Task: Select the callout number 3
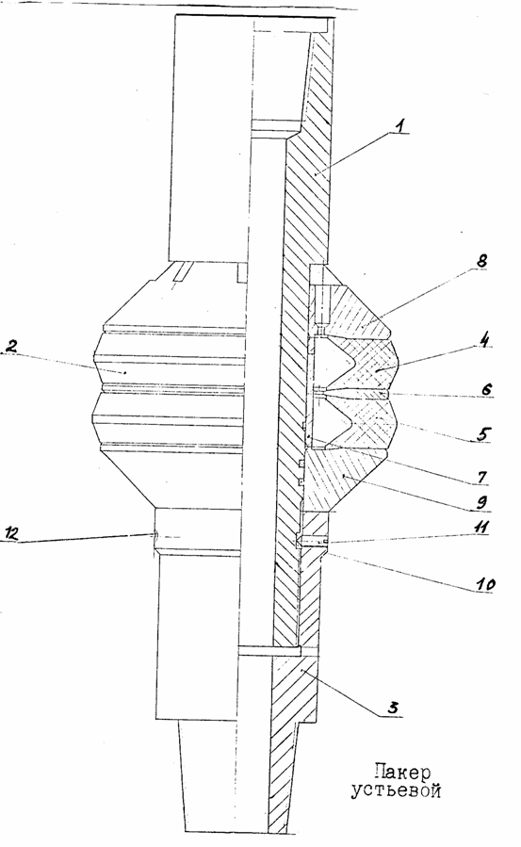click(395, 708)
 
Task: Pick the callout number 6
click(486, 389)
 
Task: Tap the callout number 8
click(481, 261)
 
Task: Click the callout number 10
click(483, 584)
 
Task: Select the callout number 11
click(480, 528)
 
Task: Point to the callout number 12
click(12, 534)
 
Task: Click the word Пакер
click(402, 773)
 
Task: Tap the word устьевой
click(396, 791)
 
